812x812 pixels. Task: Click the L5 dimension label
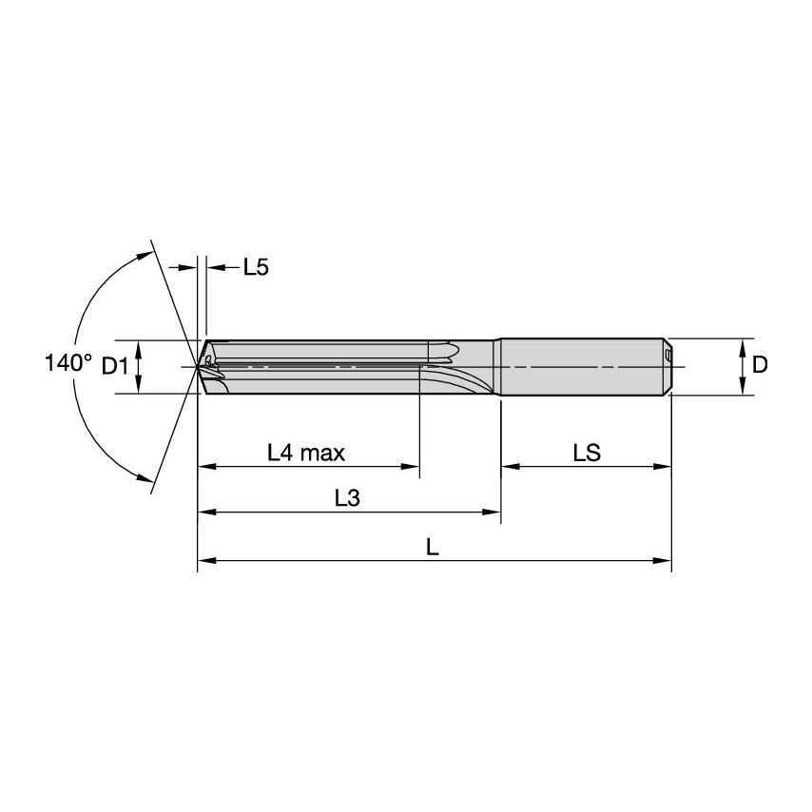256,267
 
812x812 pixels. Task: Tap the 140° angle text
68,363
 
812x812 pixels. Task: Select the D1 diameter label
114,365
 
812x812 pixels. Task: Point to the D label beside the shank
759,365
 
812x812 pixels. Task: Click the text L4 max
306,453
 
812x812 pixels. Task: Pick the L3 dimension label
347,498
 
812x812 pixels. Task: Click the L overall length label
433,547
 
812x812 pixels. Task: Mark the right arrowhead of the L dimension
665,561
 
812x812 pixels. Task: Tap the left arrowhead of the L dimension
204,561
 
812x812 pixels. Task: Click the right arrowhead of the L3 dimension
493,513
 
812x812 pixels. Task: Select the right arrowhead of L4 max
412,467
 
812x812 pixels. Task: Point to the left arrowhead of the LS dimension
509,467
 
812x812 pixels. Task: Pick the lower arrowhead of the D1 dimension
139,386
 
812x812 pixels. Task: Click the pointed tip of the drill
198,366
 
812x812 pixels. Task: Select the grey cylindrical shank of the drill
580,366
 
